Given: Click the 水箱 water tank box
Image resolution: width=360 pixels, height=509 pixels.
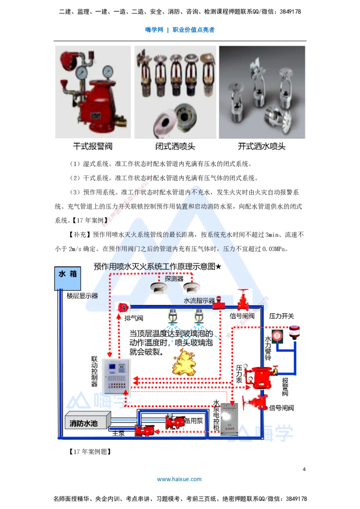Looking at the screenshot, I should (68, 279).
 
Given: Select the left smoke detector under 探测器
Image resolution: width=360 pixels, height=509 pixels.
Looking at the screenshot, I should (158, 288).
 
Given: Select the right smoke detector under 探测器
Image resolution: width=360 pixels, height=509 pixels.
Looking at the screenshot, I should (192, 288).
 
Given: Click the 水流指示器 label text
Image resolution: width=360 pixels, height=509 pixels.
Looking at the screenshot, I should (199, 300).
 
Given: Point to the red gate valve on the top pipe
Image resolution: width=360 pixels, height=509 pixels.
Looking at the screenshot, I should (242, 300).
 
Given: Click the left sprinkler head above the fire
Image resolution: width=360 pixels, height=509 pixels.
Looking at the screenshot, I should (171, 317).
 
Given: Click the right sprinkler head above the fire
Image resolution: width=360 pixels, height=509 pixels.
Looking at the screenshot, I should (197, 317).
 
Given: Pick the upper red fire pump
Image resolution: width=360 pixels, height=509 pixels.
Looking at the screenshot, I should (174, 422).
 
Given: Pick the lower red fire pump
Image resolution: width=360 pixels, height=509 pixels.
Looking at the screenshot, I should (144, 430).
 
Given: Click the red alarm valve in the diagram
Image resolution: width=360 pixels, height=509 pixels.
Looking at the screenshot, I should (259, 375).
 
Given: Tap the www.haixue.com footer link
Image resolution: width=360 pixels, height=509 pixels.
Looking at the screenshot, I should (179, 479).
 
